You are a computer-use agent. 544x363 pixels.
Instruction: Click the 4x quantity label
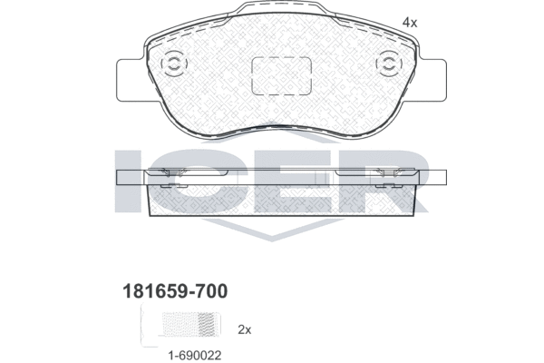pyautogui.click(x=410, y=23)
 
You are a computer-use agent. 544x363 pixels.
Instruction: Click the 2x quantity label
pyautogui.click(x=244, y=329)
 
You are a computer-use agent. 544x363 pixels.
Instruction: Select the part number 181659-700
pyautogui.click(x=175, y=291)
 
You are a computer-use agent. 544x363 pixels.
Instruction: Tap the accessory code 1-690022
pyautogui.click(x=195, y=356)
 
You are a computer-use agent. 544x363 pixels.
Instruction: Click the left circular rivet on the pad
pyautogui.click(x=174, y=64)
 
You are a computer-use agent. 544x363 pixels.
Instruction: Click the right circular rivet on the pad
pyautogui.click(x=389, y=64)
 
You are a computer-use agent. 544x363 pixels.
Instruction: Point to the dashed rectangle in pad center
pyautogui.click(x=281, y=76)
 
